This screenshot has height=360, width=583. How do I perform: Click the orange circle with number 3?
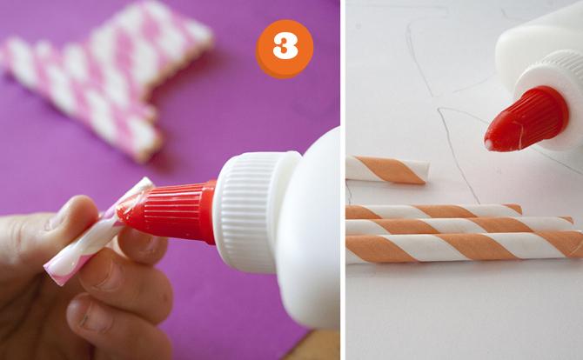coord(285,49)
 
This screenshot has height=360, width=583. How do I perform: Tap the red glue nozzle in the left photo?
coord(168,213)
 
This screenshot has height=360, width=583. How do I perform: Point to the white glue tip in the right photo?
coord(488,145)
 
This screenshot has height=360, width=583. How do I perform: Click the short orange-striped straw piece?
coord(387,170)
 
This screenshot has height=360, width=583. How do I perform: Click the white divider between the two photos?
coord(343,180)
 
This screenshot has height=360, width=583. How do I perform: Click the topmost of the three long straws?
coord(433,211)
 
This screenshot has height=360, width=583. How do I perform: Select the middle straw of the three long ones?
coord(459,225)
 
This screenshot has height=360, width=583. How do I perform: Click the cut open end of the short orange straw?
coord(427,171)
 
